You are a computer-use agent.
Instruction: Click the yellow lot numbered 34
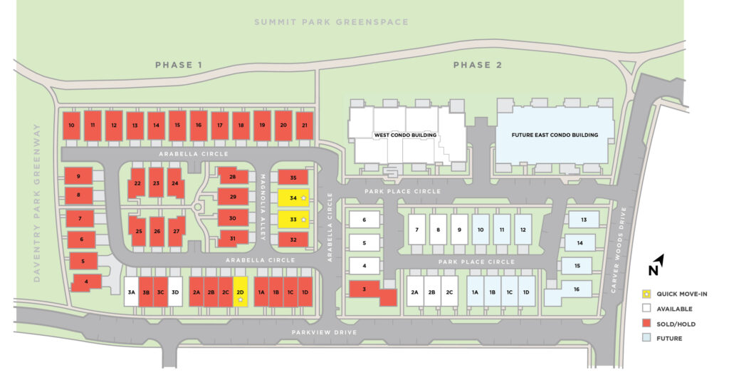point(293,197)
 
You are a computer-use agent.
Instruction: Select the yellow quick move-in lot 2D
point(241,292)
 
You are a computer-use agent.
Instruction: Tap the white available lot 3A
point(131,292)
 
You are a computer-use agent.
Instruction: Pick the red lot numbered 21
point(305,125)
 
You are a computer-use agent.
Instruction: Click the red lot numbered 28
point(233,177)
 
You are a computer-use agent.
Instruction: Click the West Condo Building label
point(405,135)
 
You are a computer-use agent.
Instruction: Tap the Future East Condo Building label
point(555,135)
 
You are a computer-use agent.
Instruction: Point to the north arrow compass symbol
point(656,265)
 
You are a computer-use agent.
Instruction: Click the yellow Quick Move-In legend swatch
point(646,294)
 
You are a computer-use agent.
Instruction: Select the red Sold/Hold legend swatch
point(646,324)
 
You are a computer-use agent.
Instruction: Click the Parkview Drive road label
point(324,333)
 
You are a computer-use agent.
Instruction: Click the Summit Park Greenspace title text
point(332,22)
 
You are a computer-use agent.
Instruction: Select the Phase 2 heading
point(478,65)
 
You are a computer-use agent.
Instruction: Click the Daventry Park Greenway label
point(37,203)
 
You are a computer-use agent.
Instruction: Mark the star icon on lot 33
point(304,220)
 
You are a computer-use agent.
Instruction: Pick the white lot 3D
point(175,292)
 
